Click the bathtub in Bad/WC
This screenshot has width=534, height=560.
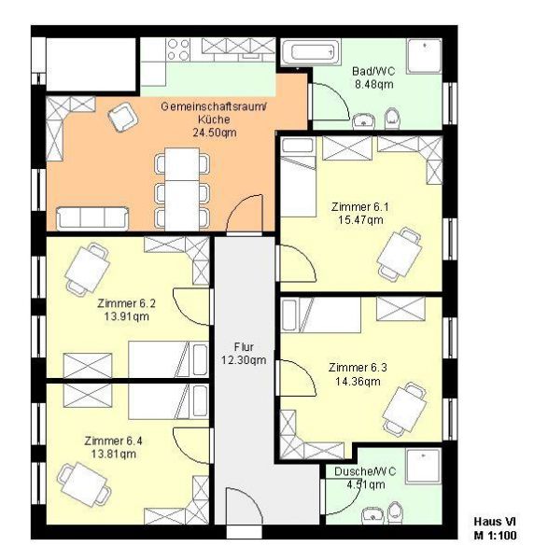(x=310, y=52)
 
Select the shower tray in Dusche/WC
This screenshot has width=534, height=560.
(x=423, y=466)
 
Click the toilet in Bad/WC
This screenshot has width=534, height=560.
(x=392, y=119)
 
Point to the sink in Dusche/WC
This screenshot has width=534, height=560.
(x=372, y=515)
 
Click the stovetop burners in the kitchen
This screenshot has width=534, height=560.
(x=178, y=49)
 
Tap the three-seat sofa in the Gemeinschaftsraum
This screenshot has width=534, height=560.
(x=92, y=218)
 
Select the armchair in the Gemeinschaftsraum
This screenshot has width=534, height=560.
(x=122, y=117)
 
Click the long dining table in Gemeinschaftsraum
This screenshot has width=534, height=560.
(x=182, y=189)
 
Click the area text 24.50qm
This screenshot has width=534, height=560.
(x=215, y=133)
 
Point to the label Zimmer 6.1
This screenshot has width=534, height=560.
(x=360, y=207)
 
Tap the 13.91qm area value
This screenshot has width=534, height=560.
(x=127, y=316)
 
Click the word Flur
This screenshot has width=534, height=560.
(x=244, y=347)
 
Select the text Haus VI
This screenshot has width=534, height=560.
(x=495, y=522)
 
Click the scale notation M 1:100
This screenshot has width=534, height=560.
(x=495, y=536)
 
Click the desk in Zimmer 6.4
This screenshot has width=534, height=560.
(x=84, y=484)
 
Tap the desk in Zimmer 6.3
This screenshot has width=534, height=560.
(x=404, y=409)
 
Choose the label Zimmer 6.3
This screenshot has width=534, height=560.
(x=358, y=368)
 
